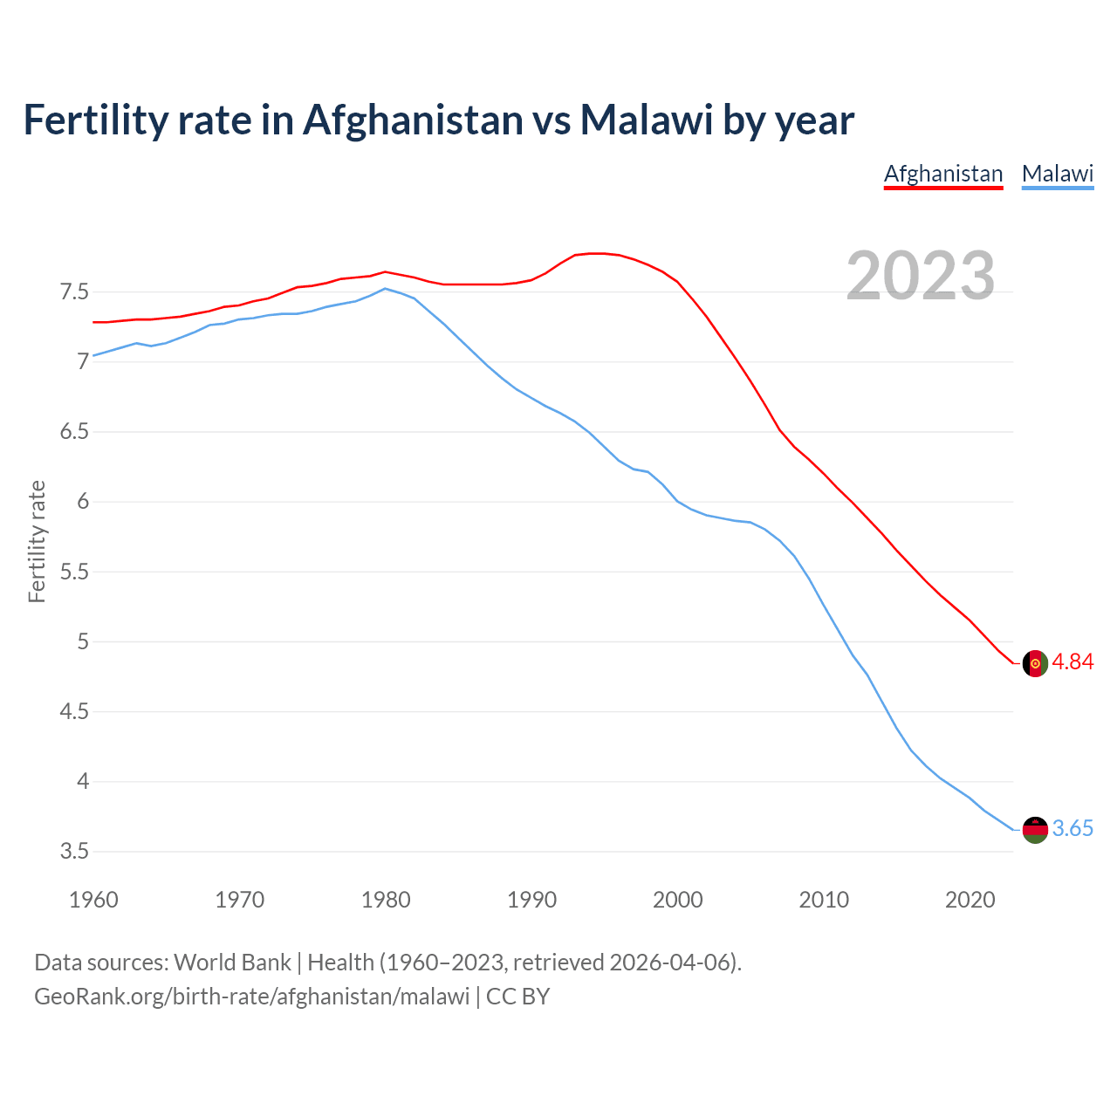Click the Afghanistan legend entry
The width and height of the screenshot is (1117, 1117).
click(x=943, y=174)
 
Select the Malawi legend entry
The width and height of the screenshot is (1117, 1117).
click(x=1058, y=174)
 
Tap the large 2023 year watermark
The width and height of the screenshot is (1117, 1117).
click(x=921, y=276)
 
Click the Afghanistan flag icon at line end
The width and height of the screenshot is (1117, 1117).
click(x=1035, y=663)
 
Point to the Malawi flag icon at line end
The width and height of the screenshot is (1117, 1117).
click(x=1035, y=830)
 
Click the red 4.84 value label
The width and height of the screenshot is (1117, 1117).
click(x=1072, y=662)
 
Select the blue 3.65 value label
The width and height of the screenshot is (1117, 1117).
click(x=1072, y=829)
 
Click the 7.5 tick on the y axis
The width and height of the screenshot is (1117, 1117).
click(x=74, y=291)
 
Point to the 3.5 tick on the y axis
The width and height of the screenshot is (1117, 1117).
click(x=74, y=851)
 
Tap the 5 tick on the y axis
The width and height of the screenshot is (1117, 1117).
click(x=83, y=641)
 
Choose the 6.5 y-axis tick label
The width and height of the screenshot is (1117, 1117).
click(x=74, y=431)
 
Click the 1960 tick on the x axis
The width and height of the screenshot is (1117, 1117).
click(x=93, y=900)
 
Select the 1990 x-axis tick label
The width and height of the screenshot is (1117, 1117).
click(x=531, y=900)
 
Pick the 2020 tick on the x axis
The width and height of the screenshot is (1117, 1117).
click(x=970, y=900)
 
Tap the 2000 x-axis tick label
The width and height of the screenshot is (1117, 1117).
click(x=677, y=900)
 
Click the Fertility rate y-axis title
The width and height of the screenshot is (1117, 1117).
click(x=37, y=541)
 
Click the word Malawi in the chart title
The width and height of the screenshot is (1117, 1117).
click(x=647, y=120)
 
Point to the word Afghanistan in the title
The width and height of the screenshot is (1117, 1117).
click(x=412, y=120)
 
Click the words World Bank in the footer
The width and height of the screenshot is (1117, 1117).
click(x=232, y=963)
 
